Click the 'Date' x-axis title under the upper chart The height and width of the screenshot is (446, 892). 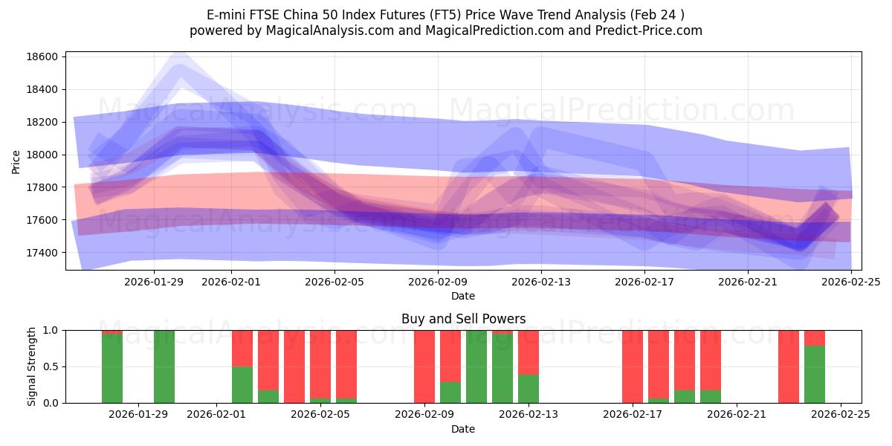462,297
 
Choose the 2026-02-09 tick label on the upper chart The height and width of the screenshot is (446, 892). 436,282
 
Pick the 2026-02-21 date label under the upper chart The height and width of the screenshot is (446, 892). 747,282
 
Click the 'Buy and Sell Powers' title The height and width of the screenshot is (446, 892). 463,319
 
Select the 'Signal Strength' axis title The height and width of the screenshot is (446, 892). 32,366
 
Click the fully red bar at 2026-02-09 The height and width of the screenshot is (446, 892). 424,366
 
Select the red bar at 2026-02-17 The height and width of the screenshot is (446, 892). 633,366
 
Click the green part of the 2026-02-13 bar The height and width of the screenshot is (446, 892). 529,389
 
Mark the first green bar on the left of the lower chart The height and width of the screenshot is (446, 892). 112,369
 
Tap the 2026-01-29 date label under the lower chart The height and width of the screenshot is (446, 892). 138,415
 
